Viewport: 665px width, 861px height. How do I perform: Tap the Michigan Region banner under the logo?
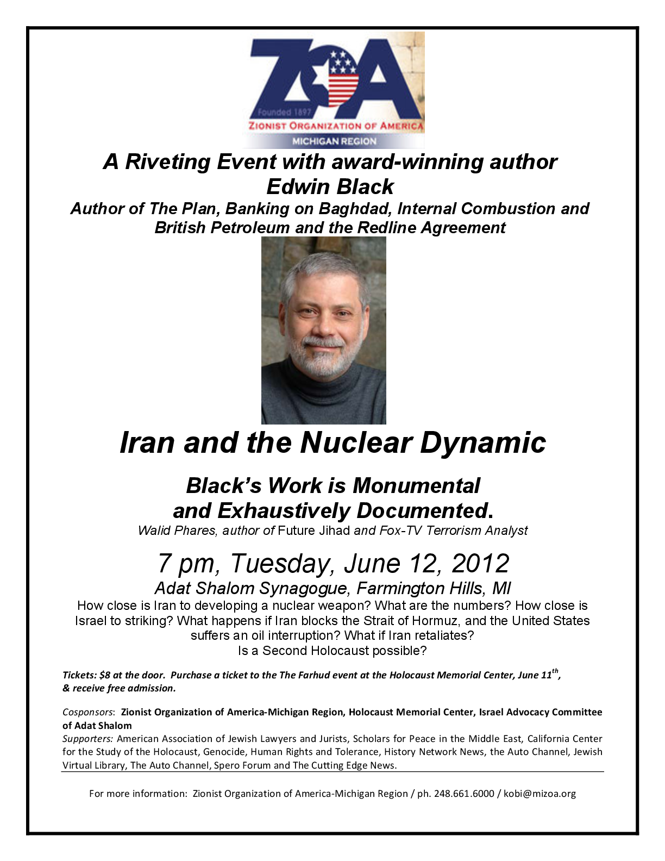pyautogui.click(x=334, y=141)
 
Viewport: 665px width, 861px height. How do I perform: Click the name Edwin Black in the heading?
pyautogui.click(x=330, y=186)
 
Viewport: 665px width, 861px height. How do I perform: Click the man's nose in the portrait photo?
pyautogui.click(x=323, y=326)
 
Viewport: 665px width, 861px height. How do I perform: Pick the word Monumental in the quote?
pyautogui.click(x=416, y=485)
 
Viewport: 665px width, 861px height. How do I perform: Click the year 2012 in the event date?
pyautogui.click(x=480, y=563)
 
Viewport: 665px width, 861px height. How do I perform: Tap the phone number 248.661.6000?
pyautogui.click(x=464, y=794)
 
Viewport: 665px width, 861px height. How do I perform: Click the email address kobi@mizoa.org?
pyautogui.click(x=539, y=794)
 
